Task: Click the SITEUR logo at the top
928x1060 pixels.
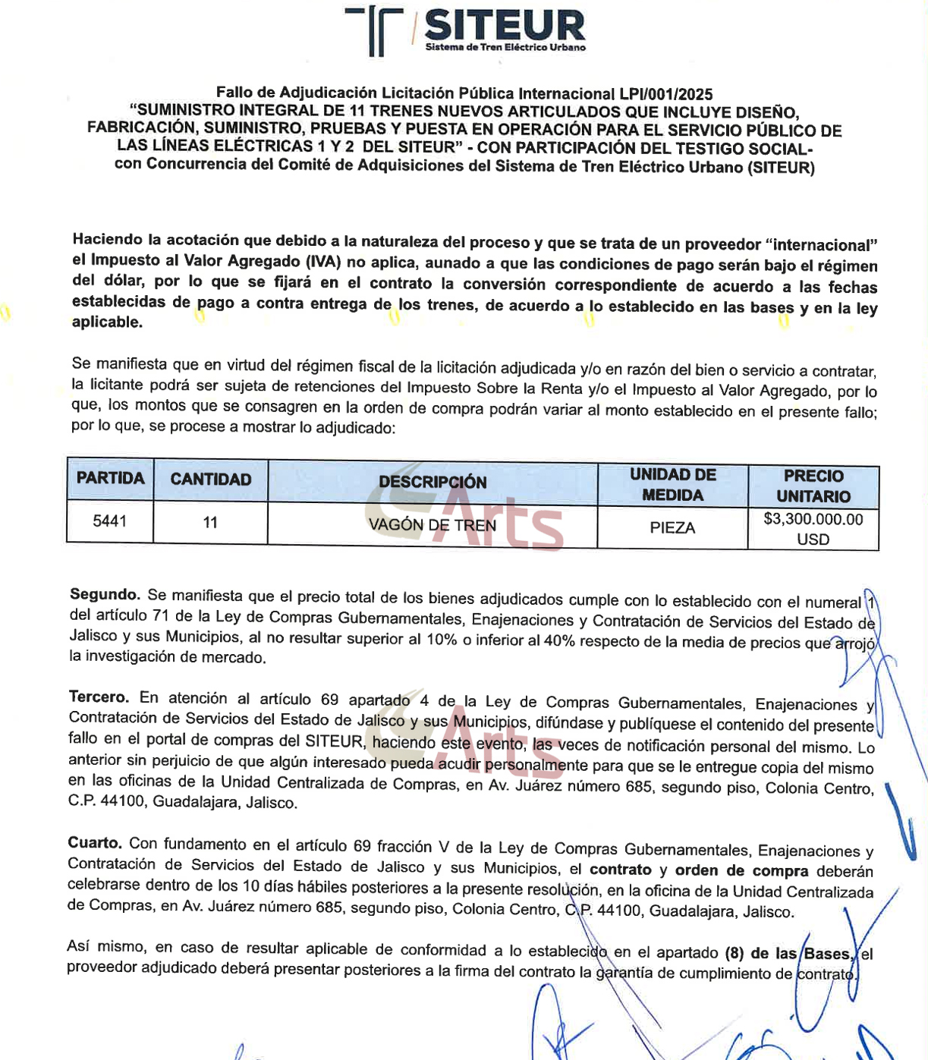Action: (464, 31)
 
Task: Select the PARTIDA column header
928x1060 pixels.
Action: (110, 479)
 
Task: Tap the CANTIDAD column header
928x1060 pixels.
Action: (210, 480)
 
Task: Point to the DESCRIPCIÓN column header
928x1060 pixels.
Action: (433, 482)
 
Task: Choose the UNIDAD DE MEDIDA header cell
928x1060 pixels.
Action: (672, 485)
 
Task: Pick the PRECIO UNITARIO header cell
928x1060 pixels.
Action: (813, 486)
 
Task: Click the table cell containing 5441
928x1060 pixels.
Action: (110, 521)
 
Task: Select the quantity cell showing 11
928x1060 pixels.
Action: (210, 522)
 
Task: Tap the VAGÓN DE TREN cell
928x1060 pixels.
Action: (432, 524)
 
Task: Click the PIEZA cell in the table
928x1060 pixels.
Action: (672, 527)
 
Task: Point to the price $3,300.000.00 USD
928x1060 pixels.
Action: (813, 529)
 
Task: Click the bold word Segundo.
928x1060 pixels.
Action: (105, 594)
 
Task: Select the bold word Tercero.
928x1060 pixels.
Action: (99, 697)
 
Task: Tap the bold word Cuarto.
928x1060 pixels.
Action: (95, 843)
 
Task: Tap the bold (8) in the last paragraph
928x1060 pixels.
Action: (734, 953)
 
